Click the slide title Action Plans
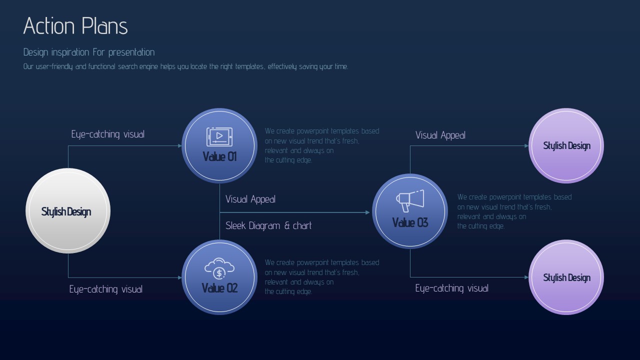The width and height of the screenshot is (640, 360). pyautogui.click(x=75, y=25)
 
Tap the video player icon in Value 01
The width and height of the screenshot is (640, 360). pyautogui.click(x=219, y=137)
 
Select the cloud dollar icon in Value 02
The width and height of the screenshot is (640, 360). pyautogui.click(x=219, y=268)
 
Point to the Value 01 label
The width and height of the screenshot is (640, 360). pyautogui.click(x=219, y=156)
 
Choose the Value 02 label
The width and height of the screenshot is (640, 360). pyautogui.click(x=219, y=288)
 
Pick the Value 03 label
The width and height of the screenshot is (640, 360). pyautogui.click(x=410, y=222)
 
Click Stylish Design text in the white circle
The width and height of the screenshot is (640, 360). pyautogui.click(x=66, y=211)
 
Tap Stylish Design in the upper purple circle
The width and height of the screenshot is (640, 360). pyautogui.click(x=567, y=145)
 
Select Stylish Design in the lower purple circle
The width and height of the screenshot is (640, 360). pyautogui.click(x=567, y=277)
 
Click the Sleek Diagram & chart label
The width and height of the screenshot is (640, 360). pyautogui.click(x=268, y=225)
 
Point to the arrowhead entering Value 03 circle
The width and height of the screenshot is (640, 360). pyautogui.click(x=367, y=212)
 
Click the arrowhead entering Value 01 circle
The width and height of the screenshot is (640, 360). pyautogui.click(x=180, y=145)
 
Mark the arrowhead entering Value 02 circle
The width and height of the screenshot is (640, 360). pyautogui.click(x=180, y=277)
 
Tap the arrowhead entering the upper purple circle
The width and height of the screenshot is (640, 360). pyautogui.click(x=526, y=145)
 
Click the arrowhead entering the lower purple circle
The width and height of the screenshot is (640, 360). pyautogui.click(x=526, y=277)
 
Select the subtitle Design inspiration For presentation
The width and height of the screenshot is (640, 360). pyautogui.click(x=89, y=52)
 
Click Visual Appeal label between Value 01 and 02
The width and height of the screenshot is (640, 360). pyautogui.click(x=250, y=199)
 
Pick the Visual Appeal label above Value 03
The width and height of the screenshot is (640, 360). pyautogui.click(x=440, y=135)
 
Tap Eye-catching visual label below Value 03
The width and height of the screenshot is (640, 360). pyautogui.click(x=451, y=288)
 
